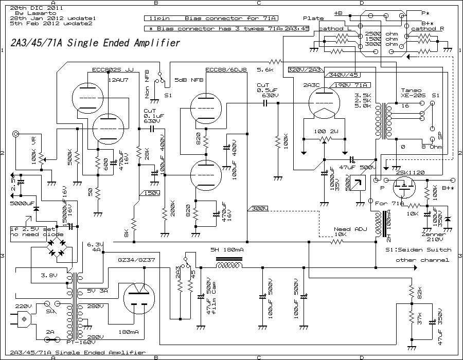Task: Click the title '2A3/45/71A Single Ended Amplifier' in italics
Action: click(95, 43)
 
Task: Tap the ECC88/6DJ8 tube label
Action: click(226, 69)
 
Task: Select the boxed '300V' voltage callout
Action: click(258, 209)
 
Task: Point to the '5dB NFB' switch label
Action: click(189, 80)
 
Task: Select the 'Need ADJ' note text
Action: click(343, 229)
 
